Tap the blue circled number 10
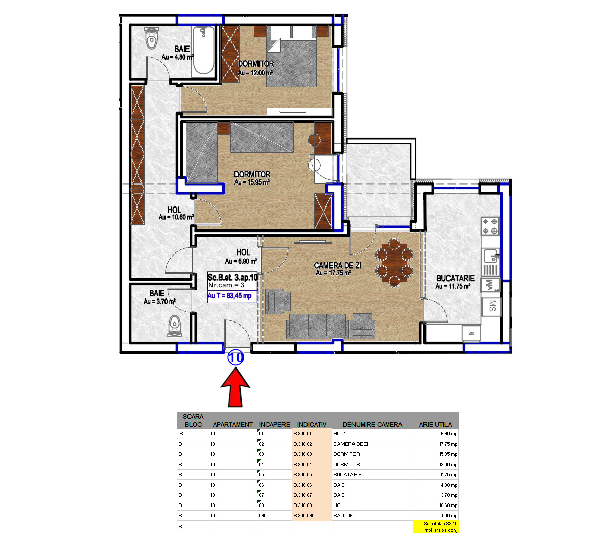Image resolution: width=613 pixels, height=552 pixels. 235,357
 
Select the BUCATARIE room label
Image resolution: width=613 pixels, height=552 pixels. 455,278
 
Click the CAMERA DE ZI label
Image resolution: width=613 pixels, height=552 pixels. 337,265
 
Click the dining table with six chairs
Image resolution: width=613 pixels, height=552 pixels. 394,263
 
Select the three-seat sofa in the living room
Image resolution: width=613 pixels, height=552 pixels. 317,326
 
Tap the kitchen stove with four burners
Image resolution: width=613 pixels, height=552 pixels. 490,226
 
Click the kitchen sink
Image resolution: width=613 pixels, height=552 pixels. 490,256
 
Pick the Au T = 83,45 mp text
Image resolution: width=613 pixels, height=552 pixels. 229,296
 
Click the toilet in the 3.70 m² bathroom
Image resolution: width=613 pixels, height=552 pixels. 175,326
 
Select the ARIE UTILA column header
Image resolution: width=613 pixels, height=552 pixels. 435,424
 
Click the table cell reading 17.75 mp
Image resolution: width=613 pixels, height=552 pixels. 449,444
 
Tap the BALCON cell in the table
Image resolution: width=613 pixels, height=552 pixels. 343,515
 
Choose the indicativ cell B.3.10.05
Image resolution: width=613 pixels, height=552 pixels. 302,474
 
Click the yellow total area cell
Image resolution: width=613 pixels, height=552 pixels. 436,526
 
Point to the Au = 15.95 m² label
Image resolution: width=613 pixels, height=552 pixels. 252,182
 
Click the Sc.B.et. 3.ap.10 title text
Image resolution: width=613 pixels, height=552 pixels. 232,278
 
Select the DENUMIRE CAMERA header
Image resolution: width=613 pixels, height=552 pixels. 372,424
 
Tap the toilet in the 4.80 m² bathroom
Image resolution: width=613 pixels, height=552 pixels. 152,38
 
